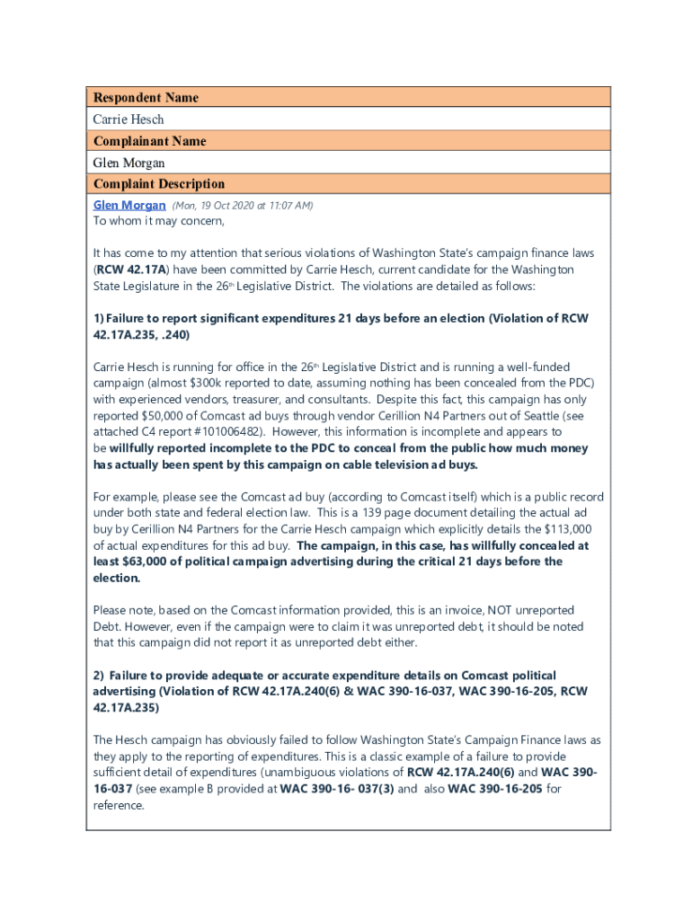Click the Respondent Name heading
(x=146, y=97)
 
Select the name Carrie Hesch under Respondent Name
(x=129, y=119)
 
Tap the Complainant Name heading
(x=149, y=140)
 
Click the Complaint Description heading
(x=159, y=183)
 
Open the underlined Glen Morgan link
(x=129, y=205)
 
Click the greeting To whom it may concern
(x=159, y=221)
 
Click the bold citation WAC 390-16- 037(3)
(x=335, y=789)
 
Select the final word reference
(x=119, y=805)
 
